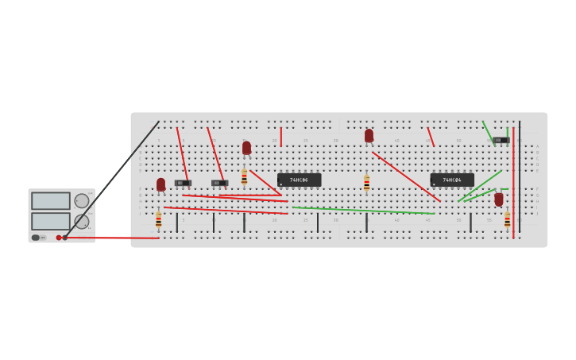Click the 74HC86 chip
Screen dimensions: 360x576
coord(299,180)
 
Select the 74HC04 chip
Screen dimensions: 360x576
coord(452,180)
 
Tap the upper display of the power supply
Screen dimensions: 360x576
coord(50,200)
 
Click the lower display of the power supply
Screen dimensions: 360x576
coord(50,221)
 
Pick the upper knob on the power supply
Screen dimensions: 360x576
coord(82,201)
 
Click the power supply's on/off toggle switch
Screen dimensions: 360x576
coord(37,238)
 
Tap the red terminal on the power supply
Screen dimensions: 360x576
coord(59,238)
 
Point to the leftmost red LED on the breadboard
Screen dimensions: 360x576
coord(160,184)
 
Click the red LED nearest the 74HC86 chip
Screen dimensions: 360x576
coord(246,148)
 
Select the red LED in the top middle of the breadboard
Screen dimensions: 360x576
coord(369,136)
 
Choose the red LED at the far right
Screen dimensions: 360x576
coord(499,199)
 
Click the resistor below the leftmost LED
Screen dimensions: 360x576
coord(158,219)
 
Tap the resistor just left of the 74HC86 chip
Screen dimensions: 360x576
coord(244,176)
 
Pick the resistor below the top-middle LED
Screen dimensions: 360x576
coord(366,183)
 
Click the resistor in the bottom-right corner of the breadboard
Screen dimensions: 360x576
coord(507,219)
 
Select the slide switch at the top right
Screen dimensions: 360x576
coord(501,140)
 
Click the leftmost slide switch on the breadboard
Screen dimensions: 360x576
coord(183,183)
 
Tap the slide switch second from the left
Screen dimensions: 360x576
coord(219,183)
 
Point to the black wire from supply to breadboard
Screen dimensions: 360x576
coord(111,180)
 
